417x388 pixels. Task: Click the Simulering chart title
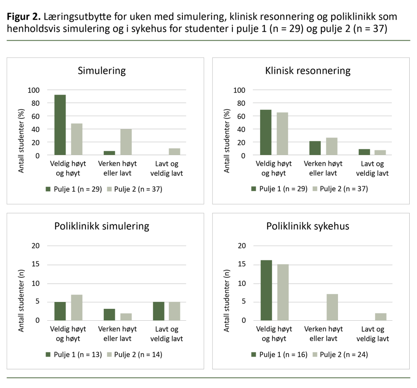point(101,71)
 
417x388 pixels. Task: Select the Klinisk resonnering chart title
point(307,71)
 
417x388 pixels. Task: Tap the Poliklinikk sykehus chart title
point(307,226)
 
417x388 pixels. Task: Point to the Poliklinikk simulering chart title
point(101,226)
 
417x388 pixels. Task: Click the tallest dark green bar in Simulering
point(60,125)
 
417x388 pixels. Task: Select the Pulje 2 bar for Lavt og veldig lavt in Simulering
point(174,152)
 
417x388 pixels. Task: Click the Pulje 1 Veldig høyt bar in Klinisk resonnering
point(266,133)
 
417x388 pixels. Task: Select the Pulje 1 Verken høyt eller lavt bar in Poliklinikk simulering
point(109,315)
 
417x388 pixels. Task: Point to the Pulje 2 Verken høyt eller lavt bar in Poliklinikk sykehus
point(331,307)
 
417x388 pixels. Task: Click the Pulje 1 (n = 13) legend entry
point(73,355)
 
